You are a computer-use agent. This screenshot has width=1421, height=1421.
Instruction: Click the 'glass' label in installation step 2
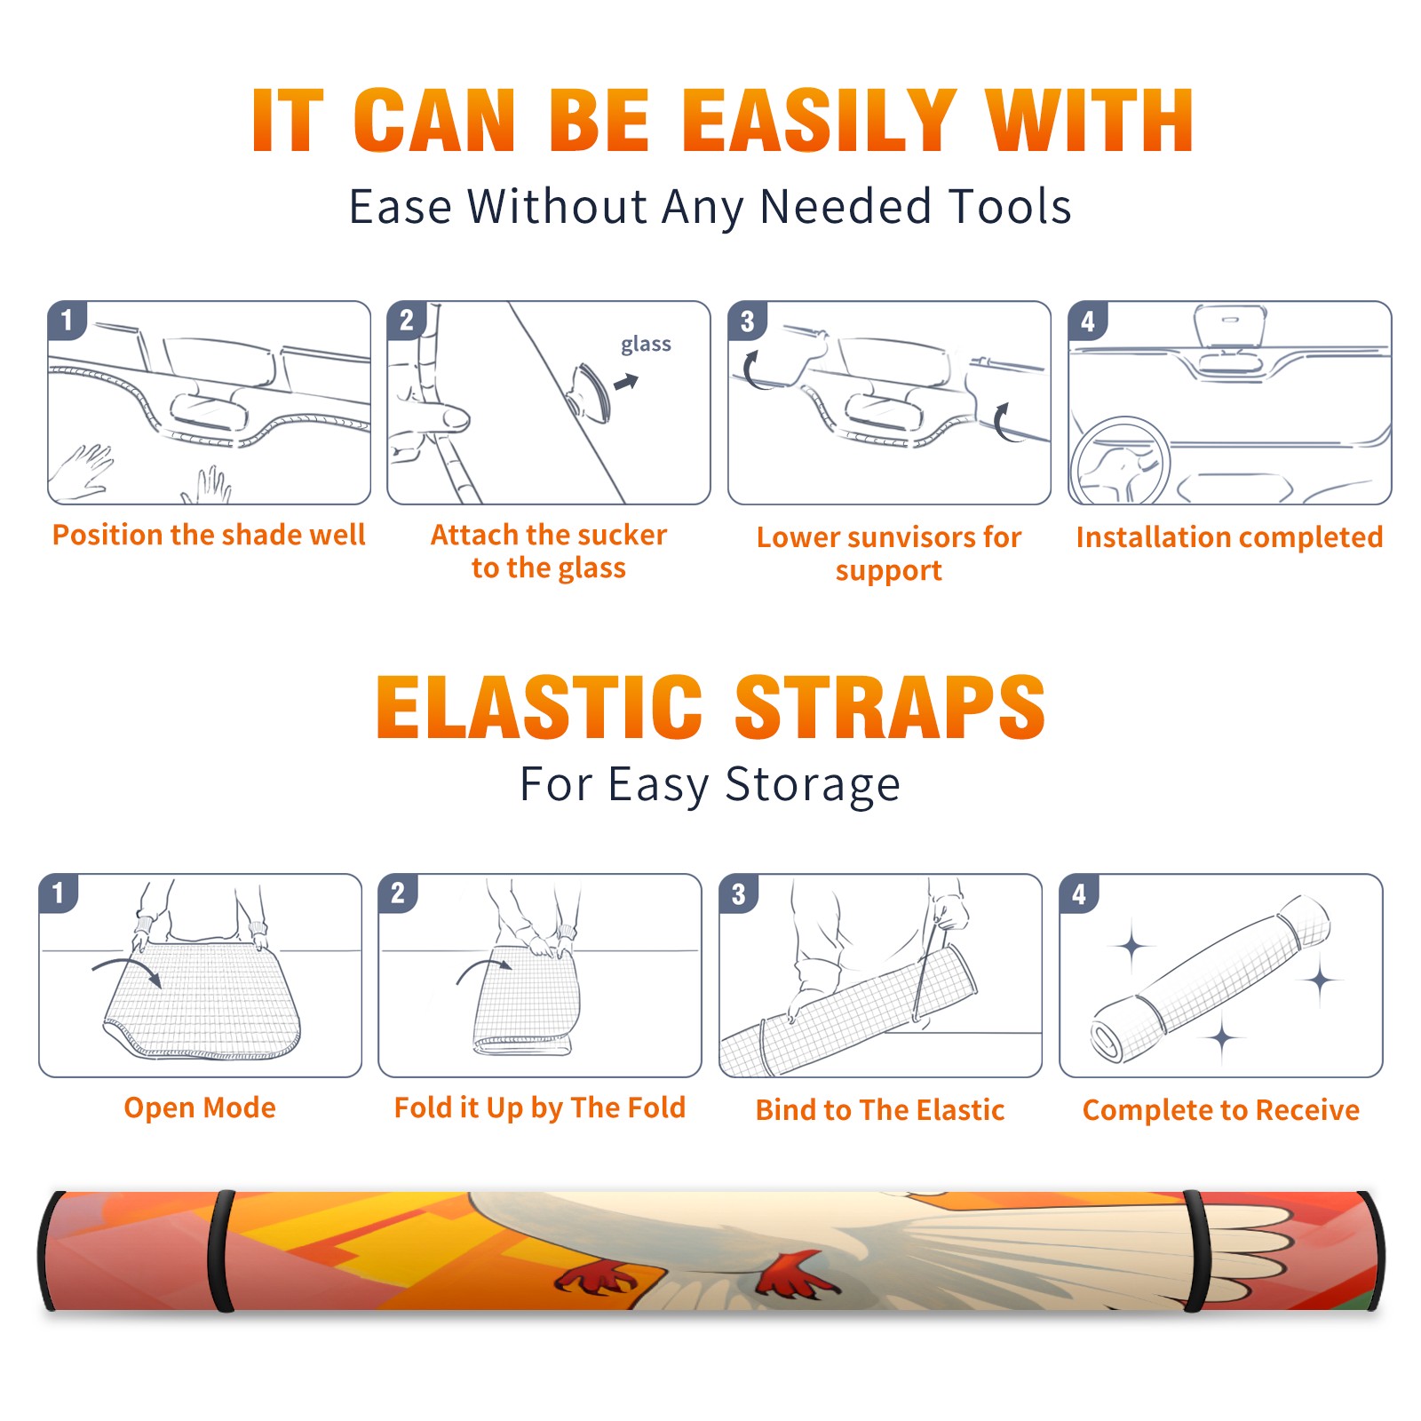tap(646, 345)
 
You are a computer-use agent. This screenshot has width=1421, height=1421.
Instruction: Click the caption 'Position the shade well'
tap(209, 535)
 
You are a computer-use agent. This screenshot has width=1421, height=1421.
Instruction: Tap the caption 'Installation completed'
tap(1229, 536)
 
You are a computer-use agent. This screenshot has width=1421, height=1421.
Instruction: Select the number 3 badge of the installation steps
tap(746, 322)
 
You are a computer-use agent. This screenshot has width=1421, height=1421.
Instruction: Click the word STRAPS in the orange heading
tap(890, 707)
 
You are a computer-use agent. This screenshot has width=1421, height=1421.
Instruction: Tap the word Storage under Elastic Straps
tap(813, 785)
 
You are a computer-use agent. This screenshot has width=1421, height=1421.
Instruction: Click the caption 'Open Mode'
tap(200, 1107)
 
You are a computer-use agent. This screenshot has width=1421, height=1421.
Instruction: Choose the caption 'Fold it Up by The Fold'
tap(540, 1107)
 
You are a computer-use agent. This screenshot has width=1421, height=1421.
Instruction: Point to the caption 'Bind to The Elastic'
tap(880, 1110)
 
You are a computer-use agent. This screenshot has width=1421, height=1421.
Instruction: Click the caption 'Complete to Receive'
tap(1221, 1110)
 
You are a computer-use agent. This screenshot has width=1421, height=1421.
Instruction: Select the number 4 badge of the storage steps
tap(1079, 893)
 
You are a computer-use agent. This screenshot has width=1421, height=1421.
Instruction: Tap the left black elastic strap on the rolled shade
tap(222, 1250)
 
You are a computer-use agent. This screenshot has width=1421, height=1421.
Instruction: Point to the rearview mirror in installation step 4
tap(1229, 327)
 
